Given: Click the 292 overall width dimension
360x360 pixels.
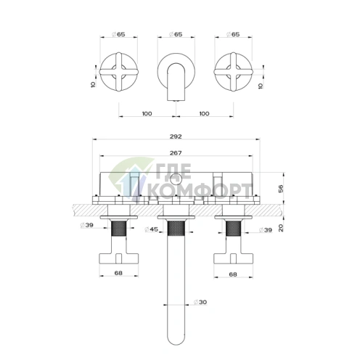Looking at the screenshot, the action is pos(176,136).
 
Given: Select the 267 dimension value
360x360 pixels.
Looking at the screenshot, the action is pos(176,153).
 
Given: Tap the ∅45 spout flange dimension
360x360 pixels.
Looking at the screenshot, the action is pos(151,229).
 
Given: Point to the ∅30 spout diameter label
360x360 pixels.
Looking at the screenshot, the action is pos(200,302).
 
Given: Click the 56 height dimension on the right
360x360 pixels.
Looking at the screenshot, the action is pos(281,189).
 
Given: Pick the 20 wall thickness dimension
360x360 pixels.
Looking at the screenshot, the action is pos(281,228).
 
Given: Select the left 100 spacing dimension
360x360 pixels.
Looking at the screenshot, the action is pos(147,113).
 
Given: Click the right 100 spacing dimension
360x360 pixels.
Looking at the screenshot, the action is pos(205,113).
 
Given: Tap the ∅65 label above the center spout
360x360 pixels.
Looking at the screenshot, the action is pos(176,34).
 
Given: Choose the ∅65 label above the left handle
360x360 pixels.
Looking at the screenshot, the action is pos(118,34).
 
